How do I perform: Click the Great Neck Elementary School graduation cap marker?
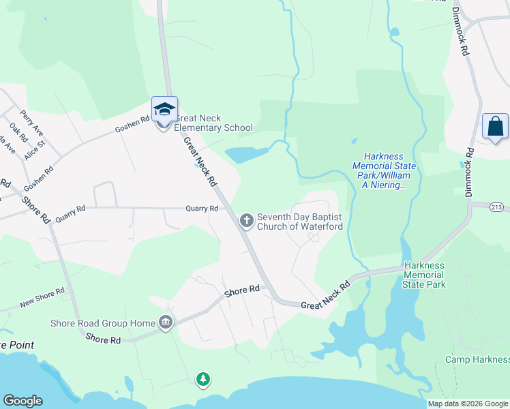click(164, 110)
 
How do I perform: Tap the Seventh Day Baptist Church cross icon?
click(246, 220)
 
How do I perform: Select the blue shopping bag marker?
click(495, 127)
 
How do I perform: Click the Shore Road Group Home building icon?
click(164, 322)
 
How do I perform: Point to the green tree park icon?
click(202, 379)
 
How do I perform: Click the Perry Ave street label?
click(31, 121)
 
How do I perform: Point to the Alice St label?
click(34, 150)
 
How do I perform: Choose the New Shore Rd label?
click(42, 297)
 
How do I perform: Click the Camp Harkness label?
click(477, 359)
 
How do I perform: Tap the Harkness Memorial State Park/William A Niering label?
click(380, 170)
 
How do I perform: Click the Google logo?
click(22, 401)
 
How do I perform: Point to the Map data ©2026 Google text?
click(468, 404)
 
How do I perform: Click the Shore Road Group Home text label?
click(102, 323)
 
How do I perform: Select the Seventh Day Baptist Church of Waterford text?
click(299, 222)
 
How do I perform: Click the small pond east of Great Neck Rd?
click(245, 155)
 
